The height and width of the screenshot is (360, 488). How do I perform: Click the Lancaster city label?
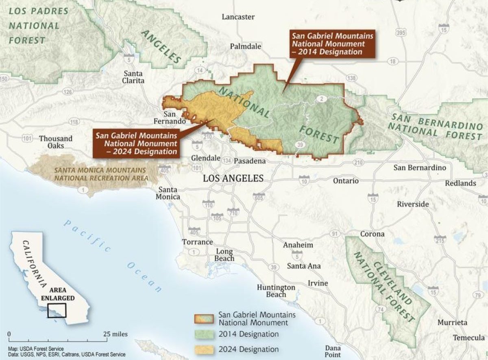[238, 17]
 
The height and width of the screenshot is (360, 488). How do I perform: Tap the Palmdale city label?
[246, 46]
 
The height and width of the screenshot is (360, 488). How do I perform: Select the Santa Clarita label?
[134, 77]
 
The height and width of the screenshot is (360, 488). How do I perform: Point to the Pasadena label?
[250, 161]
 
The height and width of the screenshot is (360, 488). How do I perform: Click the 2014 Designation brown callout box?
[332, 43]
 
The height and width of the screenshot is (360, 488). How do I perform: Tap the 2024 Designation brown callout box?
[136, 143]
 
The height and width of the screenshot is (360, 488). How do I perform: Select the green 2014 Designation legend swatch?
[205, 334]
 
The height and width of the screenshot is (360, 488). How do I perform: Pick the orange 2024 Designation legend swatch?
[205, 349]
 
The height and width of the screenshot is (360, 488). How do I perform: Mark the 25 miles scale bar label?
[115, 334]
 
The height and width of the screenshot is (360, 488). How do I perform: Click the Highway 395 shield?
[401, 32]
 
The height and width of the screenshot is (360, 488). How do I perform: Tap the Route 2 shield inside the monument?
[322, 99]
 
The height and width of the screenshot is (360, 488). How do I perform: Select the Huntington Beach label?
[276, 291]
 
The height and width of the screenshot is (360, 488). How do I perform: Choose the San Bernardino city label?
[420, 168]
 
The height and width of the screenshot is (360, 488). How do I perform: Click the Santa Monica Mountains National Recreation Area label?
[100, 173]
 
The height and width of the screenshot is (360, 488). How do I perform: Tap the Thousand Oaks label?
[56, 142]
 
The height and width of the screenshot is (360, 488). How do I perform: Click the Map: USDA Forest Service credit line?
[36, 349]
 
